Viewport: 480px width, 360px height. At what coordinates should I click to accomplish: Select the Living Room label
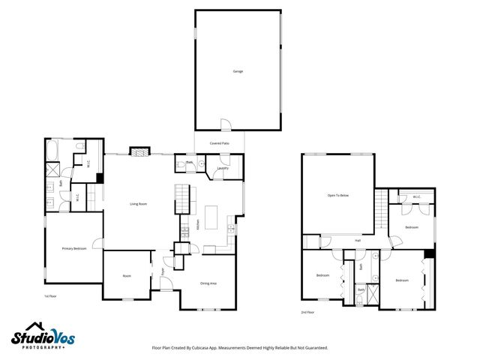pyautogui.click(x=137, y=203)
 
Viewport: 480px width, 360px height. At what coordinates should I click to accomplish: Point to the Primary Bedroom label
pyautogui.click(x=73, y=248)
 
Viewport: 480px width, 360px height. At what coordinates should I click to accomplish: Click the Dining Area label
pyautogui.click(x=208, y=283)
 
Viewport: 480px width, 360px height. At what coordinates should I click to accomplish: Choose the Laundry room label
pyautogui.click(x=223, y=168)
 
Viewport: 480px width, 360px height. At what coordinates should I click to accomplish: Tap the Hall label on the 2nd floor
pyautogui.click(x=358, y=241)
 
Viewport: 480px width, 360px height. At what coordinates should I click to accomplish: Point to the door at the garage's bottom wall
pyautogui.click(x=225, y=124)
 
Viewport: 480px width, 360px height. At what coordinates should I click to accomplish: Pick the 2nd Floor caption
pyautogui.click(x=307, y=311)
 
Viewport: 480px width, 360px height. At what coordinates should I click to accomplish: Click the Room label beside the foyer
pyautogui.click(x=127, y=276)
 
